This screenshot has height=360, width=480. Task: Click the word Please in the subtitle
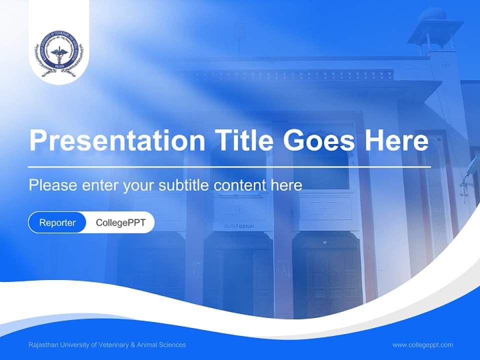point(52,185)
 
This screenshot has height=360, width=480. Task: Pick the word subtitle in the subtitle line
point(184,185)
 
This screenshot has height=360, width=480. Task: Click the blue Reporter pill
point(57,222)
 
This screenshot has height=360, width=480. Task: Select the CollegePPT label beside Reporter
point(120,222)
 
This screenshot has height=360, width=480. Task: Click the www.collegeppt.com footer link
point(422,344)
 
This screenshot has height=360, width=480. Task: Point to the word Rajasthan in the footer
point(42,344)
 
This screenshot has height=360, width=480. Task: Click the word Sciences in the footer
point(172,344)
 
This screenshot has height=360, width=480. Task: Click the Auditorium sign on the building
point(239,226)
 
